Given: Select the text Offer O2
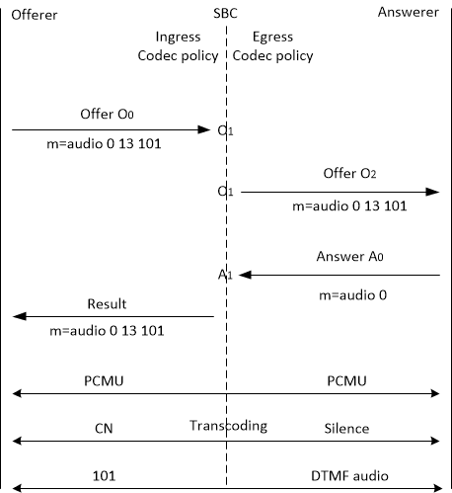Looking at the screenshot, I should [x=350, y=174].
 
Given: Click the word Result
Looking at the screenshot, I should [x=107, y=302].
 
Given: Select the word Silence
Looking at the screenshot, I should [x=347, y=428].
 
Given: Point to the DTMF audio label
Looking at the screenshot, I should [x=347, y=475].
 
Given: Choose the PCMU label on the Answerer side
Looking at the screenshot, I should [x=347, y=378].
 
